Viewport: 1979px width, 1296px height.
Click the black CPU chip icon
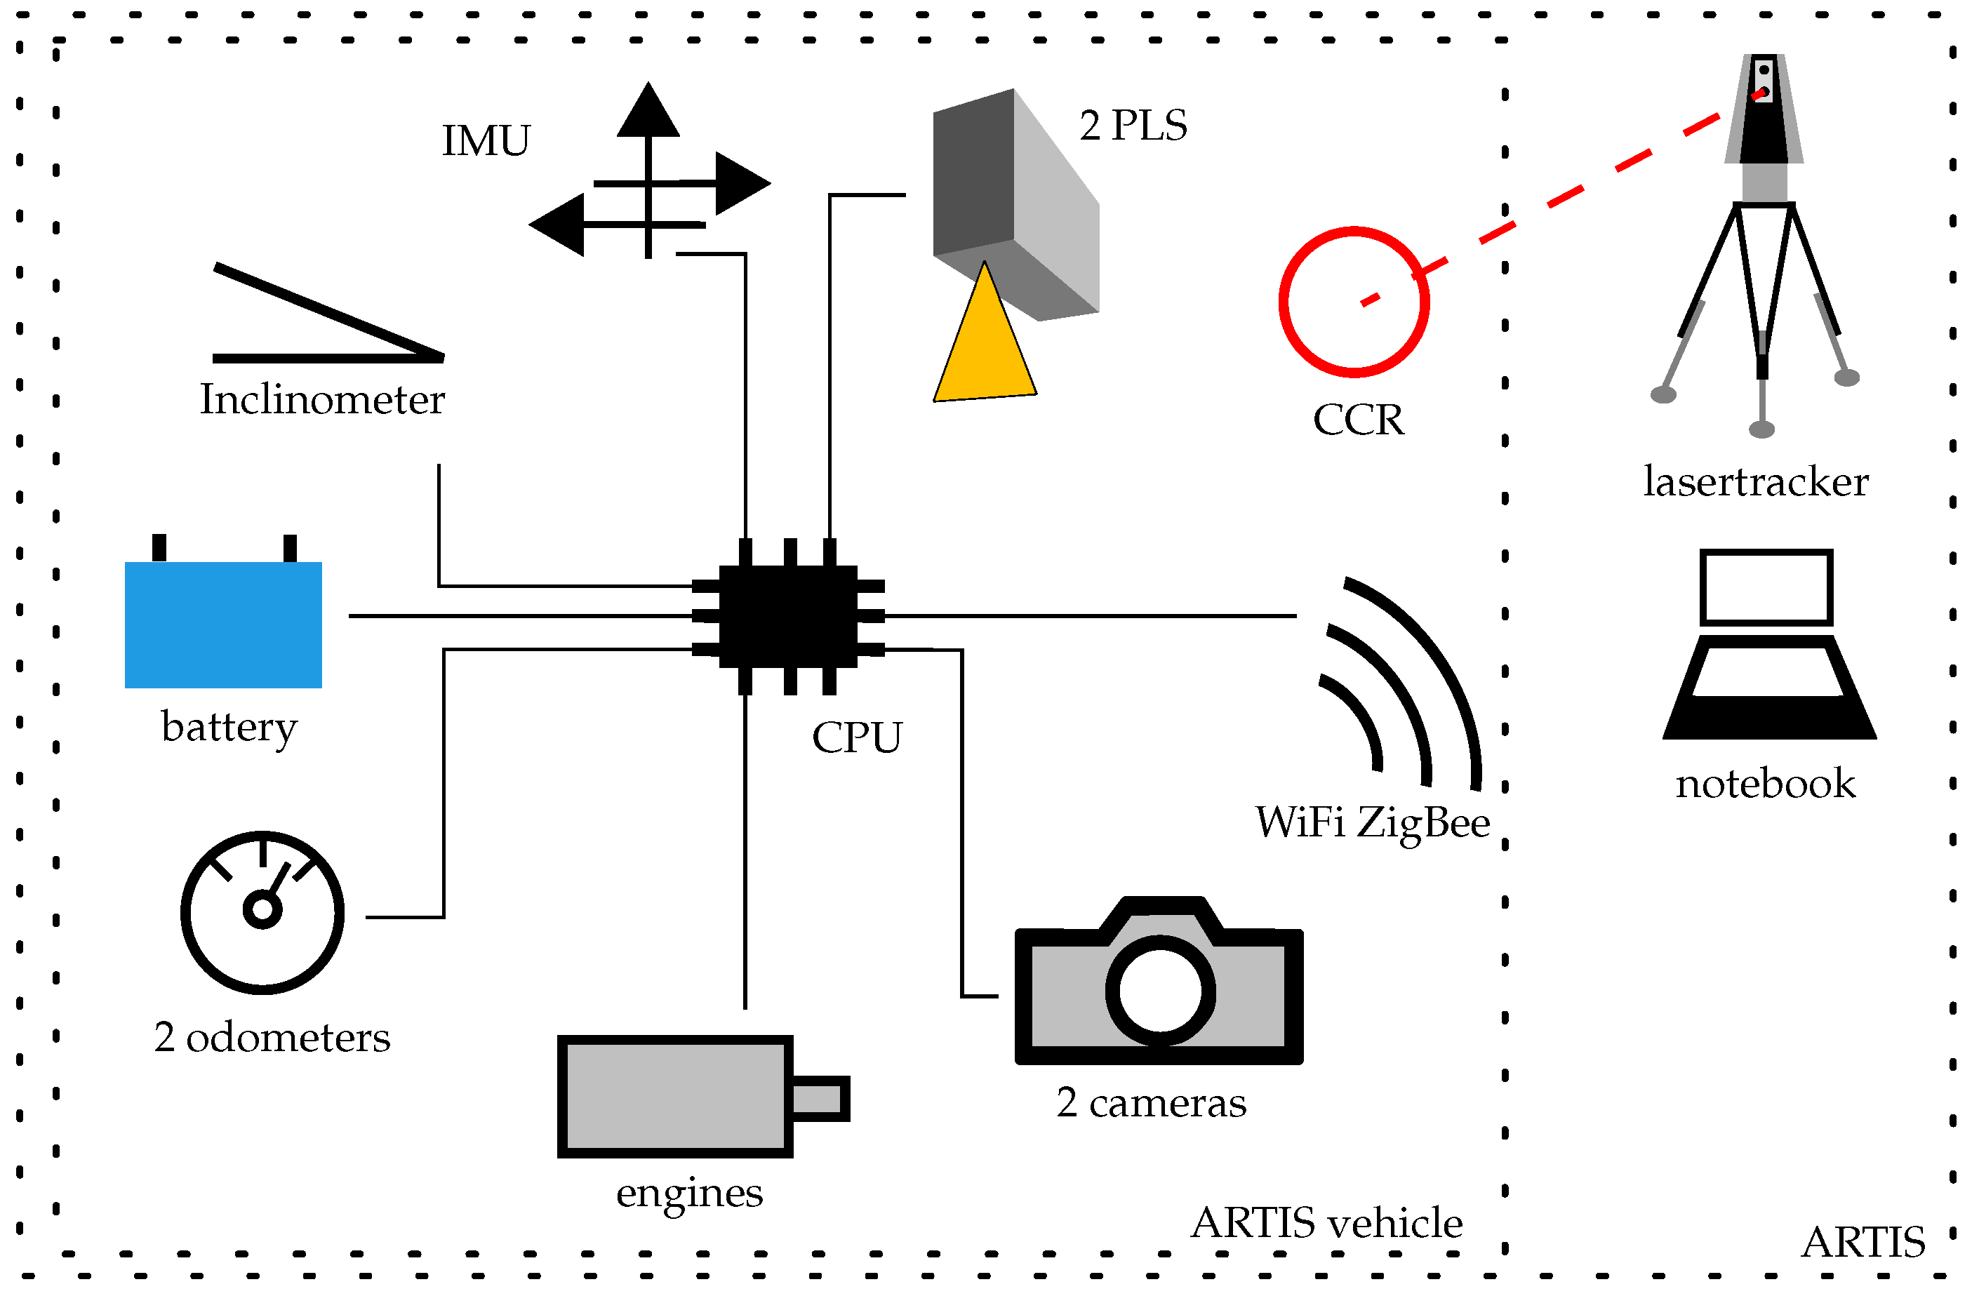[x=787, y=616]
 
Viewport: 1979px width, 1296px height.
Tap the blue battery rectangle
[x=223, y=624]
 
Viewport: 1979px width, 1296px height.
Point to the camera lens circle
[x=1160, y=991]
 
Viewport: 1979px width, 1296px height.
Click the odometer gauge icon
[x=262, y=912]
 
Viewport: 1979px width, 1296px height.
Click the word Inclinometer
[x=322, y=400]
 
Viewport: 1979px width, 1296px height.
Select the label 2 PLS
[x=1133, y=126]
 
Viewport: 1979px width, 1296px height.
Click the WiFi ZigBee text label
[x=1372, y=822]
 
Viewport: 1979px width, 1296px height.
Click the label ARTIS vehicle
[x=1326, y=1223]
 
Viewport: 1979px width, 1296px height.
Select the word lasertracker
[x=1755, y=481]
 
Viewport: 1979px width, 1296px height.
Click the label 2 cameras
[x=1151, y=1103]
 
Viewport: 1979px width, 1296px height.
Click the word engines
[x=689, y=1194]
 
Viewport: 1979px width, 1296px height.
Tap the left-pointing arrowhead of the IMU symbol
[x=557, y=225]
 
